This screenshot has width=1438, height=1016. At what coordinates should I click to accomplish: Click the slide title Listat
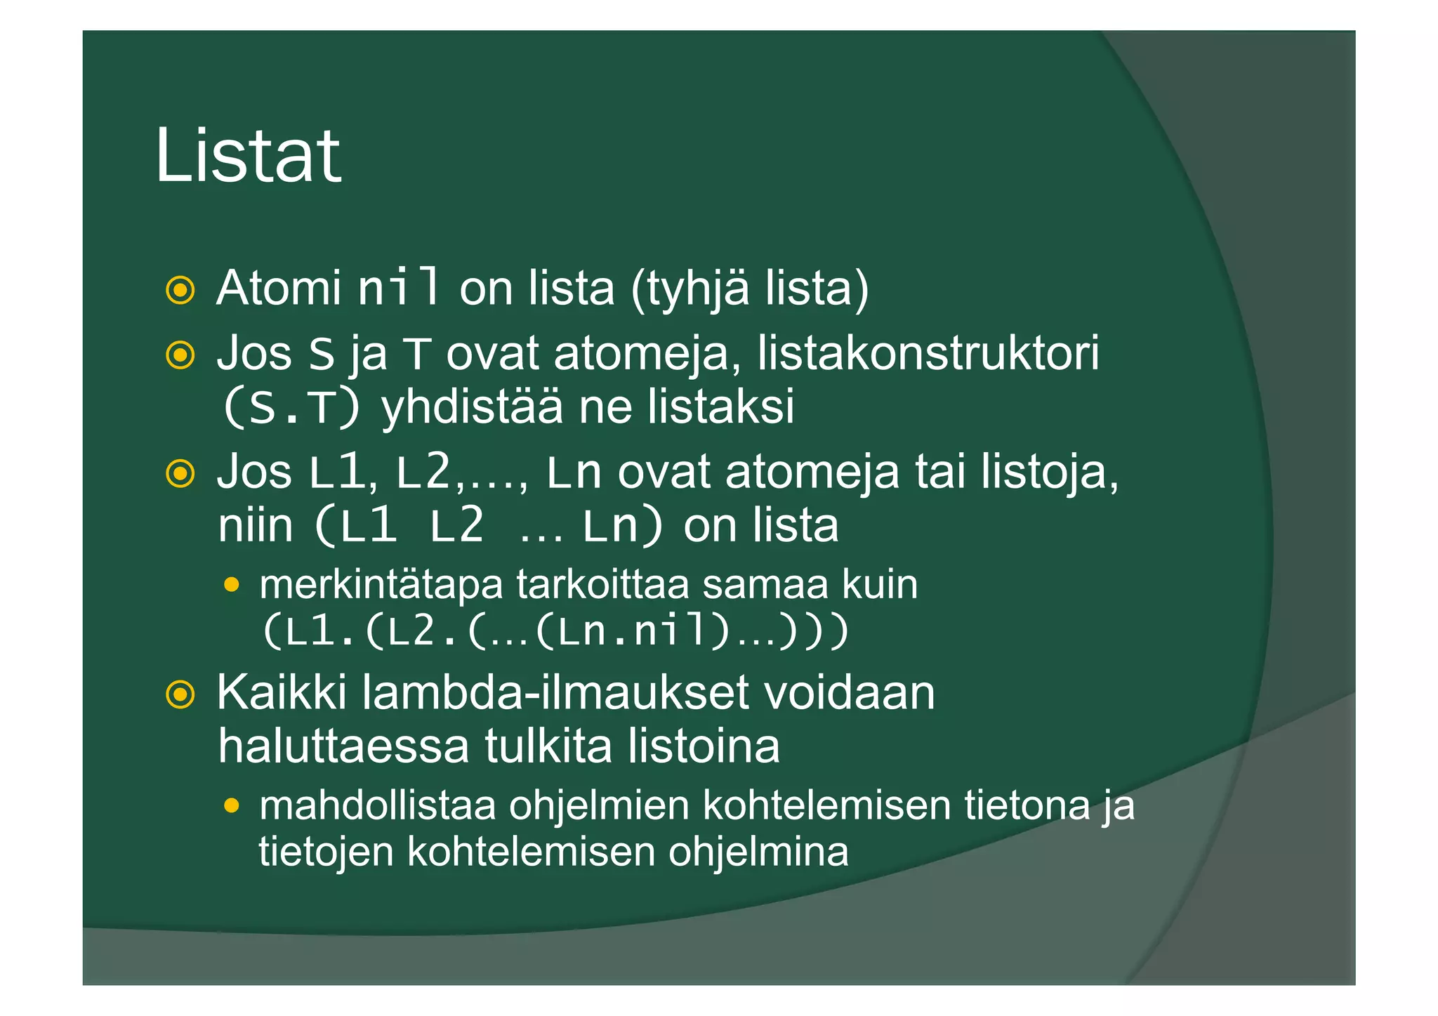[248, 156]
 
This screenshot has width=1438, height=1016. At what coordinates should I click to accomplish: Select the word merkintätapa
[381, 584]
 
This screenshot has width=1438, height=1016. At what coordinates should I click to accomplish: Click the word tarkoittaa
[603, 584]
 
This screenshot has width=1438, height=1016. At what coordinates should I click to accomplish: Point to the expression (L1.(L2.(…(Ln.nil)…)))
[555, 631]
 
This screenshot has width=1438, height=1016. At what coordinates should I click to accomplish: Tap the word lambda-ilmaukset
[555, 693]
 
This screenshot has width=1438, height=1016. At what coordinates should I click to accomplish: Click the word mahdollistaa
[378, 805]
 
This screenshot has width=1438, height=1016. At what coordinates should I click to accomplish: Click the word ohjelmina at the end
[758, 852]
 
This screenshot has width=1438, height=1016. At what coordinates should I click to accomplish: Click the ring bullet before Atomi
[180, 289]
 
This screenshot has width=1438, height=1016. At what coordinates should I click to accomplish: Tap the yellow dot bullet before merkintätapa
[232, 584]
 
